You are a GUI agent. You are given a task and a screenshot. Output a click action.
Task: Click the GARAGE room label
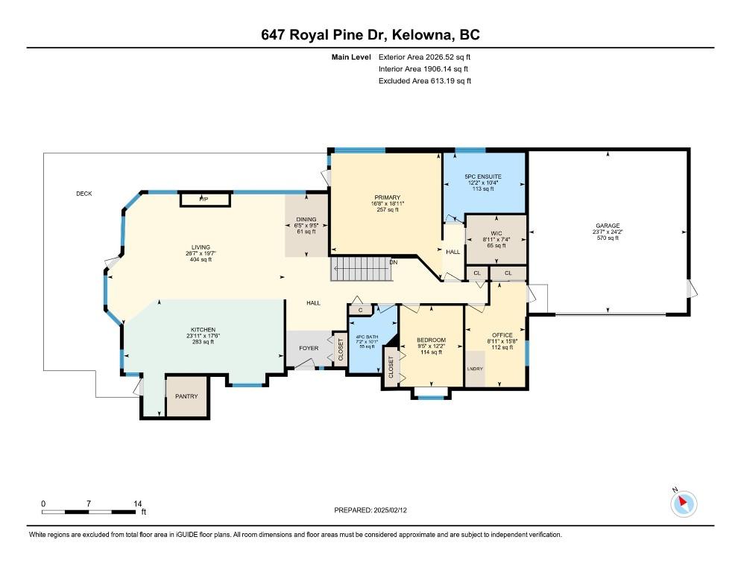pos(608,226)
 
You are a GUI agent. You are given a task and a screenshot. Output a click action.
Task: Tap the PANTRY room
pos(186,397)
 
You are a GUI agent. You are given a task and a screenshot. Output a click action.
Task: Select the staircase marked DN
pos(361,269)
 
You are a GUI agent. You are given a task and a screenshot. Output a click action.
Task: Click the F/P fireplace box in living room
pos(205,199)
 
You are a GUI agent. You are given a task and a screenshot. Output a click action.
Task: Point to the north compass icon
pos(684,503)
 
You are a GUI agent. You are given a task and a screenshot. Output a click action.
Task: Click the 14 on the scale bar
pos(137,503)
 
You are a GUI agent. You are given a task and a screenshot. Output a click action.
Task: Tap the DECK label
pos(84,194)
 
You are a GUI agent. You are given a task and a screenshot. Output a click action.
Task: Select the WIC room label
pos(496,233)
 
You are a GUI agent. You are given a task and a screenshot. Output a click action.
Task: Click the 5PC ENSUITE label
pos(483,177)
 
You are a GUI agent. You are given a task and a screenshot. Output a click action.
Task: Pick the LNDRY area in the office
pos(475,369)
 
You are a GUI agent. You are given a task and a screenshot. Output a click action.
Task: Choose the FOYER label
pos(309,348)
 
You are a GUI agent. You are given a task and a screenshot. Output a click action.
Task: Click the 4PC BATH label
pos(367,337)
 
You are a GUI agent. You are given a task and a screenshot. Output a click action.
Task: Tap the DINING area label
pos(306,219)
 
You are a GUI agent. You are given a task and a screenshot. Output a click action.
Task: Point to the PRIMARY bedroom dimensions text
pos(388,203)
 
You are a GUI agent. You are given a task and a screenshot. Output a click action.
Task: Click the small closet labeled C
pos(360,311)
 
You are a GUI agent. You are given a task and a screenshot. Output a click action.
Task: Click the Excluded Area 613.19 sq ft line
pos(425,80)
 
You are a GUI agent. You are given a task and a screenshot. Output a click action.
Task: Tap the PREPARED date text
pos(370,510)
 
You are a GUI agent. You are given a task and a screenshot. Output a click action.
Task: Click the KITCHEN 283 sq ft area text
pos(204,342)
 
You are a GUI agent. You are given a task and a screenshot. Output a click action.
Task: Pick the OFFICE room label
pos(502,335)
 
